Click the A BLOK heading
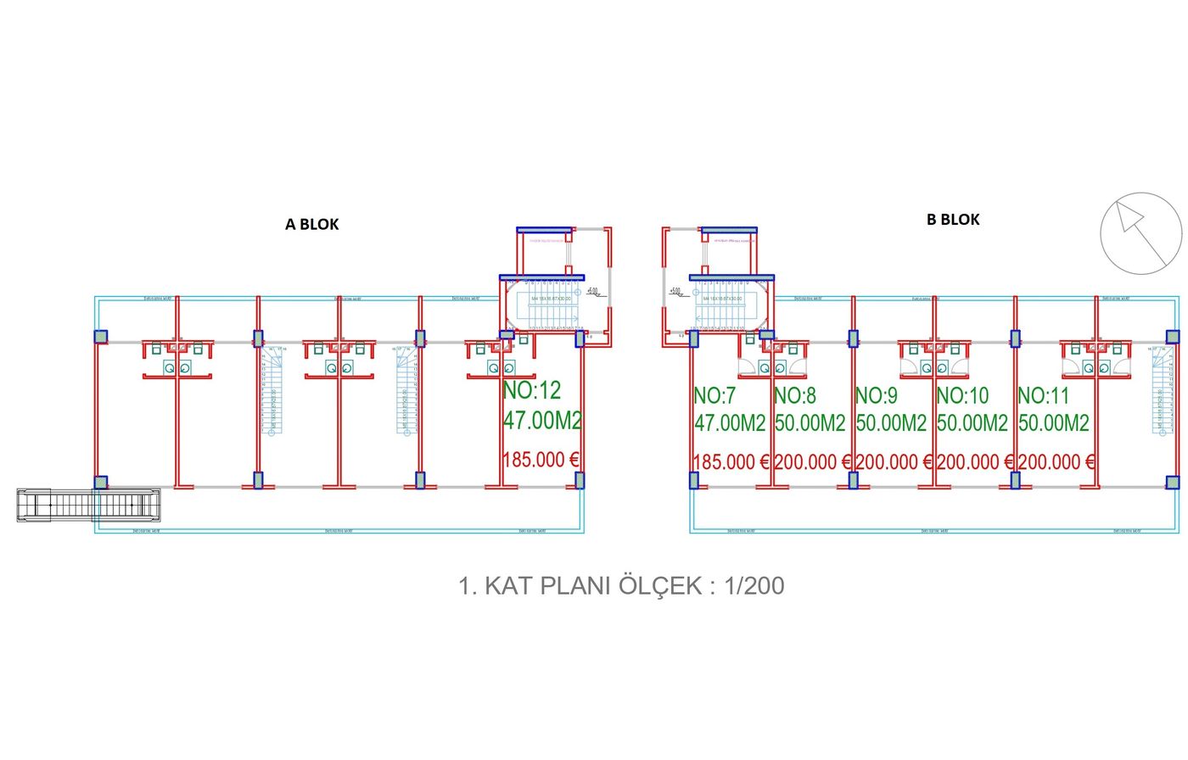(x=311, y=225)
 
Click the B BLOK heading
(x=953, y=220)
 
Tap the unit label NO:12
(x=532, y=390)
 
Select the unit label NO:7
(x=714, y=395)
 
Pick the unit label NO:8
(x=795, y=395)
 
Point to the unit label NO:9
(x=877, y=395)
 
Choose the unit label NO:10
(x=962, y=395)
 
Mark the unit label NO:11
(x=1044, y=395)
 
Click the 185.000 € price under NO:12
(x=541, y=460)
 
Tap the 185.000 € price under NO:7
(x=731, y=462)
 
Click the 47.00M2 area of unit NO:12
(x=542, y=420)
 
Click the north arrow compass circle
(x=1140, y=233)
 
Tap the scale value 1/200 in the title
(x=754, y=585)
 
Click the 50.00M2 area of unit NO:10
(x=972, y=422)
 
